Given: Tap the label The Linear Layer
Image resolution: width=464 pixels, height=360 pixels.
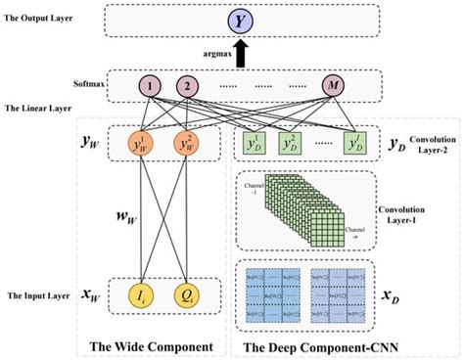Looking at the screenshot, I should tap(38, 109).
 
